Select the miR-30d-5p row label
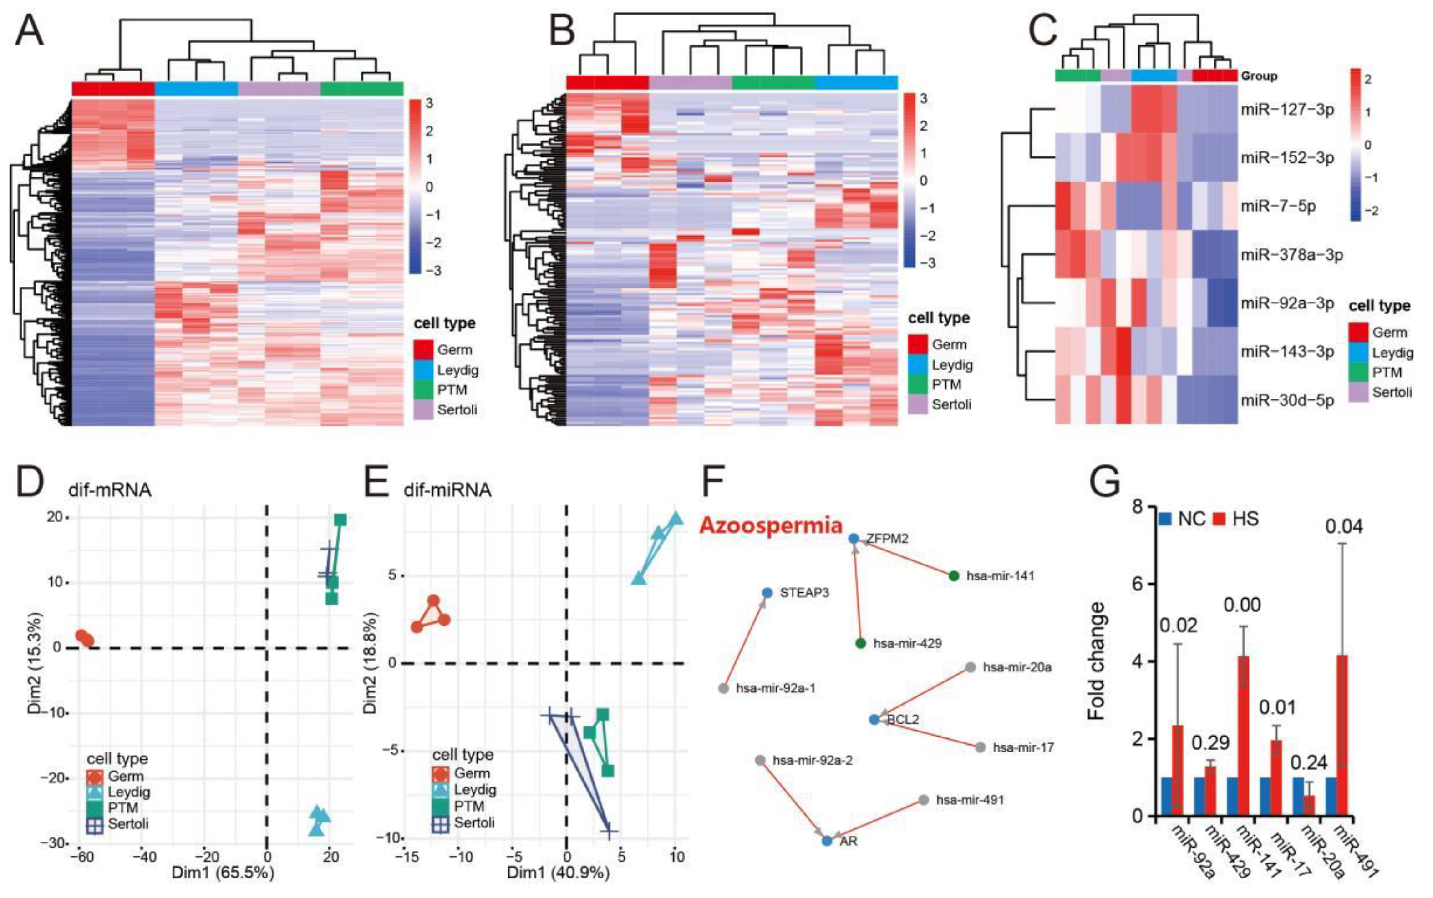[1287, 400]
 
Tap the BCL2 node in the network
[874, 720]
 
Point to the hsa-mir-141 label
[1000, 576]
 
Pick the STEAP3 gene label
[804, 593]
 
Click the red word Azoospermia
[771, 525]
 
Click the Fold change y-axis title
[1097, 661]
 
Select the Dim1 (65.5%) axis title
[223, 873]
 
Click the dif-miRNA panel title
[447, 490]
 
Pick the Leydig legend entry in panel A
[457, 370]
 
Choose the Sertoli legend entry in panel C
[1392, 392]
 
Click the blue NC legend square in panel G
[1165, 519]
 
